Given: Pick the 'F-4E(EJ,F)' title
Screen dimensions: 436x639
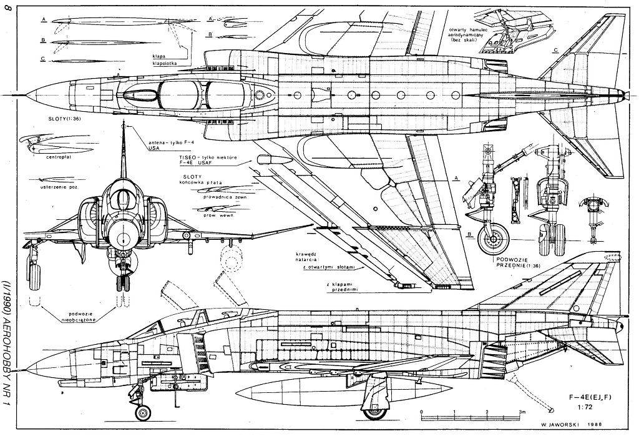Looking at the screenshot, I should [x=588, y=397].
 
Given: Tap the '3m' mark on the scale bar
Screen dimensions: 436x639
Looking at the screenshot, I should [x=522, y=413].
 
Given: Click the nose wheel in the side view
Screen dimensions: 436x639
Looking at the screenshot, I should [x=144, y=412].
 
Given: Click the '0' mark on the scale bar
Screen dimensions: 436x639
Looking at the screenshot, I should [x=422, y=413].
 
